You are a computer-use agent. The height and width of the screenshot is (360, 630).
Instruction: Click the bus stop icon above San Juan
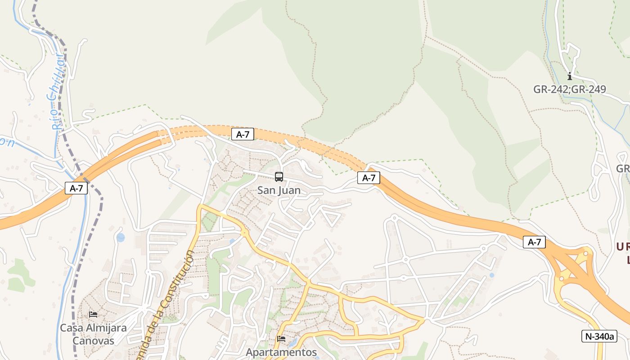[279, 177]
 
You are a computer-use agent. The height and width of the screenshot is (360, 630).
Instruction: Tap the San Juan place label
[279, 190]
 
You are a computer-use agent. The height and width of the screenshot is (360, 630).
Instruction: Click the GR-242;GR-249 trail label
[570, 89]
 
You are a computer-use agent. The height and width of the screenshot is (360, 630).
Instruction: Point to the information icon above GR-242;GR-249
[570, 76]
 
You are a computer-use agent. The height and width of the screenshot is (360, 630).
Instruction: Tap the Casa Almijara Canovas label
[94, 334]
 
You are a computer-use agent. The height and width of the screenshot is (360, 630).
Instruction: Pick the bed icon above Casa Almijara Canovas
[93, 314]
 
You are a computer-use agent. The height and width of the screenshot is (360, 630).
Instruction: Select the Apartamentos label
[281, 352]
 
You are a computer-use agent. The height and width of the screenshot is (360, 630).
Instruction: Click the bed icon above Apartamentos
[281, 338]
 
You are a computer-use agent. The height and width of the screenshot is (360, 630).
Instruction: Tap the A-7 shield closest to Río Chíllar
[76, 188]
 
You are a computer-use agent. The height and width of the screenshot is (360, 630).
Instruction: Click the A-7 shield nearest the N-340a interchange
[534, 242]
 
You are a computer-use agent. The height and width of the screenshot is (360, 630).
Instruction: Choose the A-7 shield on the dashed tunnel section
[243, 134]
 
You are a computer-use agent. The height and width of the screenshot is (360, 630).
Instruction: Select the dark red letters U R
[623, 247]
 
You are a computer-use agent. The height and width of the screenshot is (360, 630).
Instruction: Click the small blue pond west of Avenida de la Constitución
[120, 237]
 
